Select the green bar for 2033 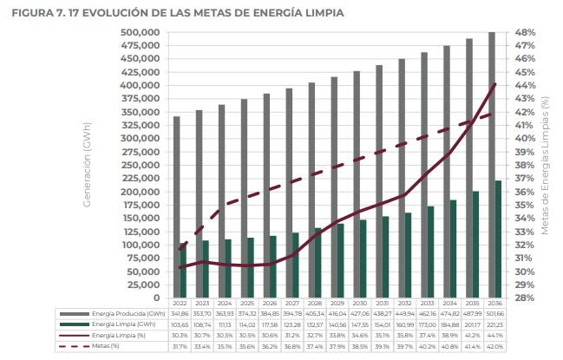coord(429,252)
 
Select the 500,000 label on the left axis coord(141,33)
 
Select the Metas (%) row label coord(106,345)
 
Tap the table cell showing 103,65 coord(179,324)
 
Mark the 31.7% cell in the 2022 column coord(179,345)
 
